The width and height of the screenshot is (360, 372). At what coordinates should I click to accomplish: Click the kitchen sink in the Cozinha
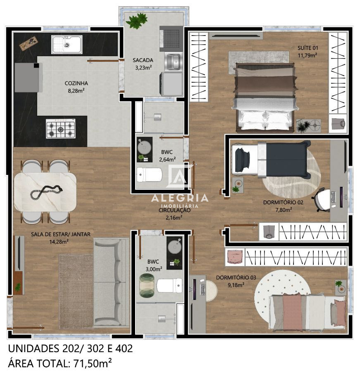click(x=67, y=44)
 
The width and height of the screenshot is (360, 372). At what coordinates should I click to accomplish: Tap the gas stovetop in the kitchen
click(x=60, y=128)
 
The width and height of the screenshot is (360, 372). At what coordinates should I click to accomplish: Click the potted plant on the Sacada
click(x=137, y=20)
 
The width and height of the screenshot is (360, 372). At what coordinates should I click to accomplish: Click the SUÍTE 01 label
click(x=308, y=51)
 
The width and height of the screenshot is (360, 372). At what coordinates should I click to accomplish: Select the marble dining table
click(x=45, y=192)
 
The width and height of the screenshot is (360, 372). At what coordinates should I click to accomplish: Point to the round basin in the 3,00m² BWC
click(x=174, y=247)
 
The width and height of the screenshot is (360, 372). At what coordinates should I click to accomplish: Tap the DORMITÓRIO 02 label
click(x=283, y=206)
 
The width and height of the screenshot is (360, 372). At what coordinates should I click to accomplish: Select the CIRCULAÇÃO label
click(x=174, y=213)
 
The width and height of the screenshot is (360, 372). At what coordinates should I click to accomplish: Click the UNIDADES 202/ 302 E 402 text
click(x=70, y=348)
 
